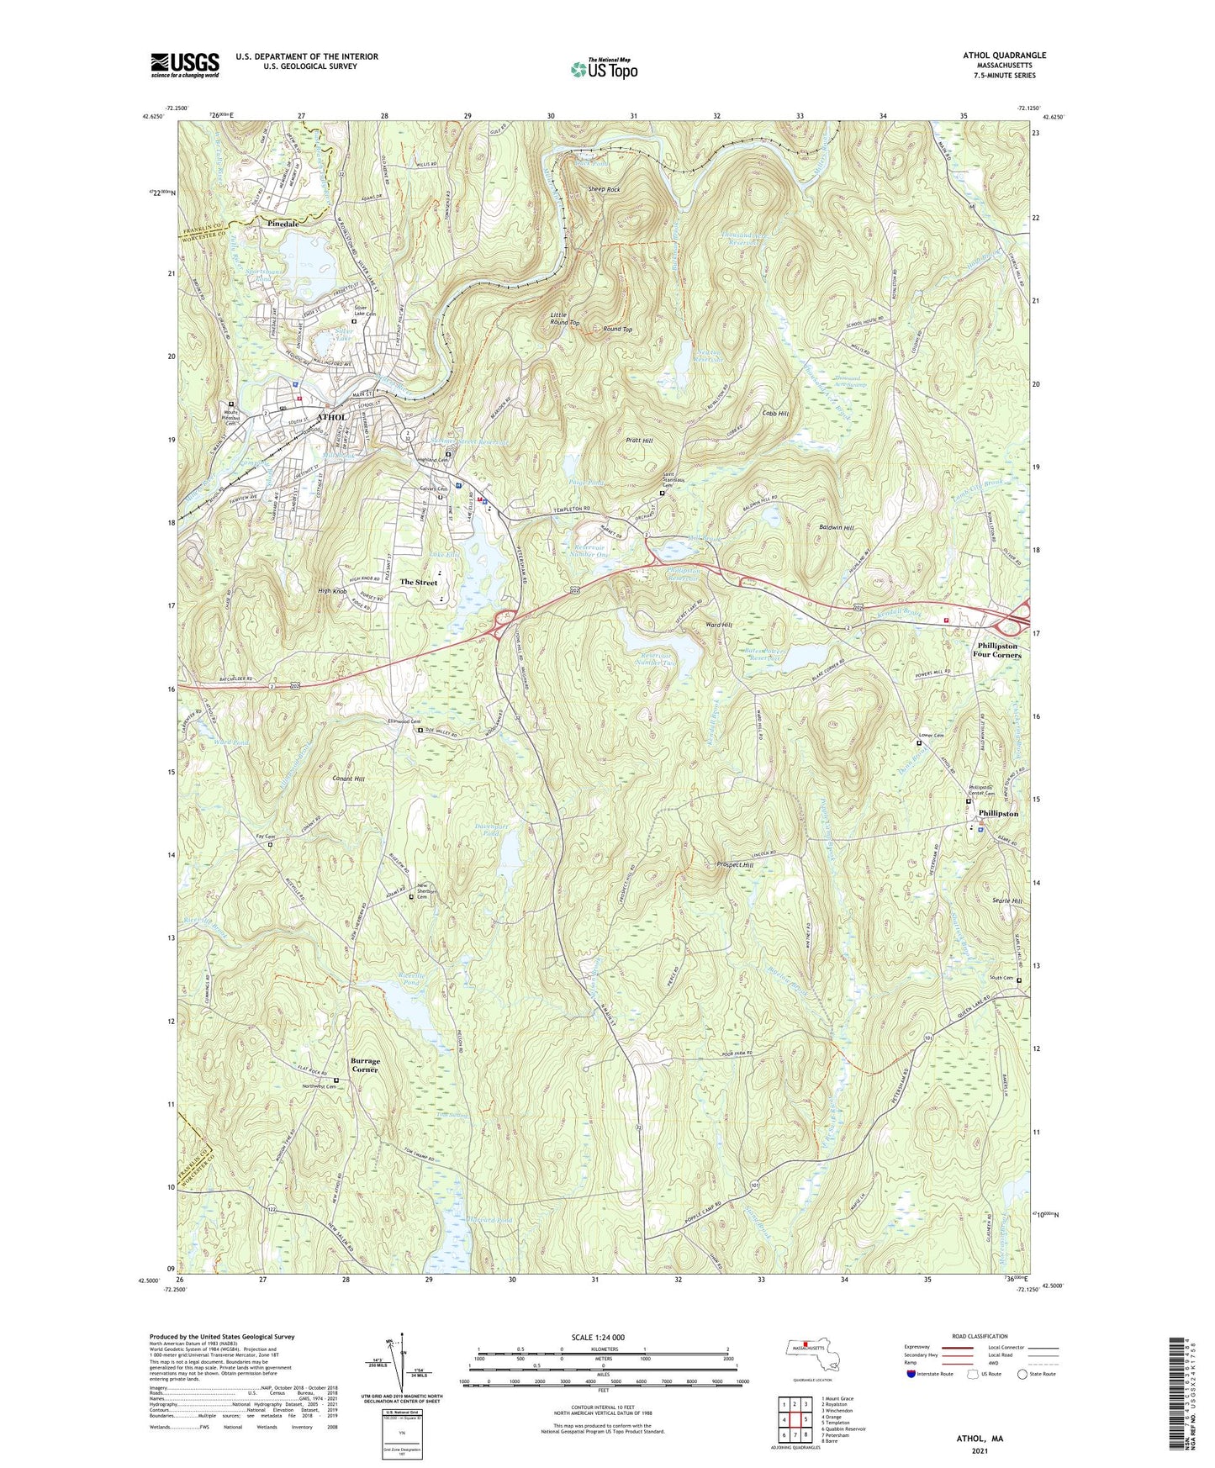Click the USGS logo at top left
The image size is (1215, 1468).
185,65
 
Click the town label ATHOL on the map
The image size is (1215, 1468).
330,417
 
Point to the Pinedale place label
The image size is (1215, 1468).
283,224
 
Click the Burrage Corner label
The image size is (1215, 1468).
366,1065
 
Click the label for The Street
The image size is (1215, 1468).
418,582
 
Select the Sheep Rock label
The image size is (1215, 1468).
604,190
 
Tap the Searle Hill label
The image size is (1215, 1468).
1006,900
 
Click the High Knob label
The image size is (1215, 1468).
332,591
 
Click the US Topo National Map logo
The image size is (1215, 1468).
603,68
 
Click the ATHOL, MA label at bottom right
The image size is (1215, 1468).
980,1439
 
